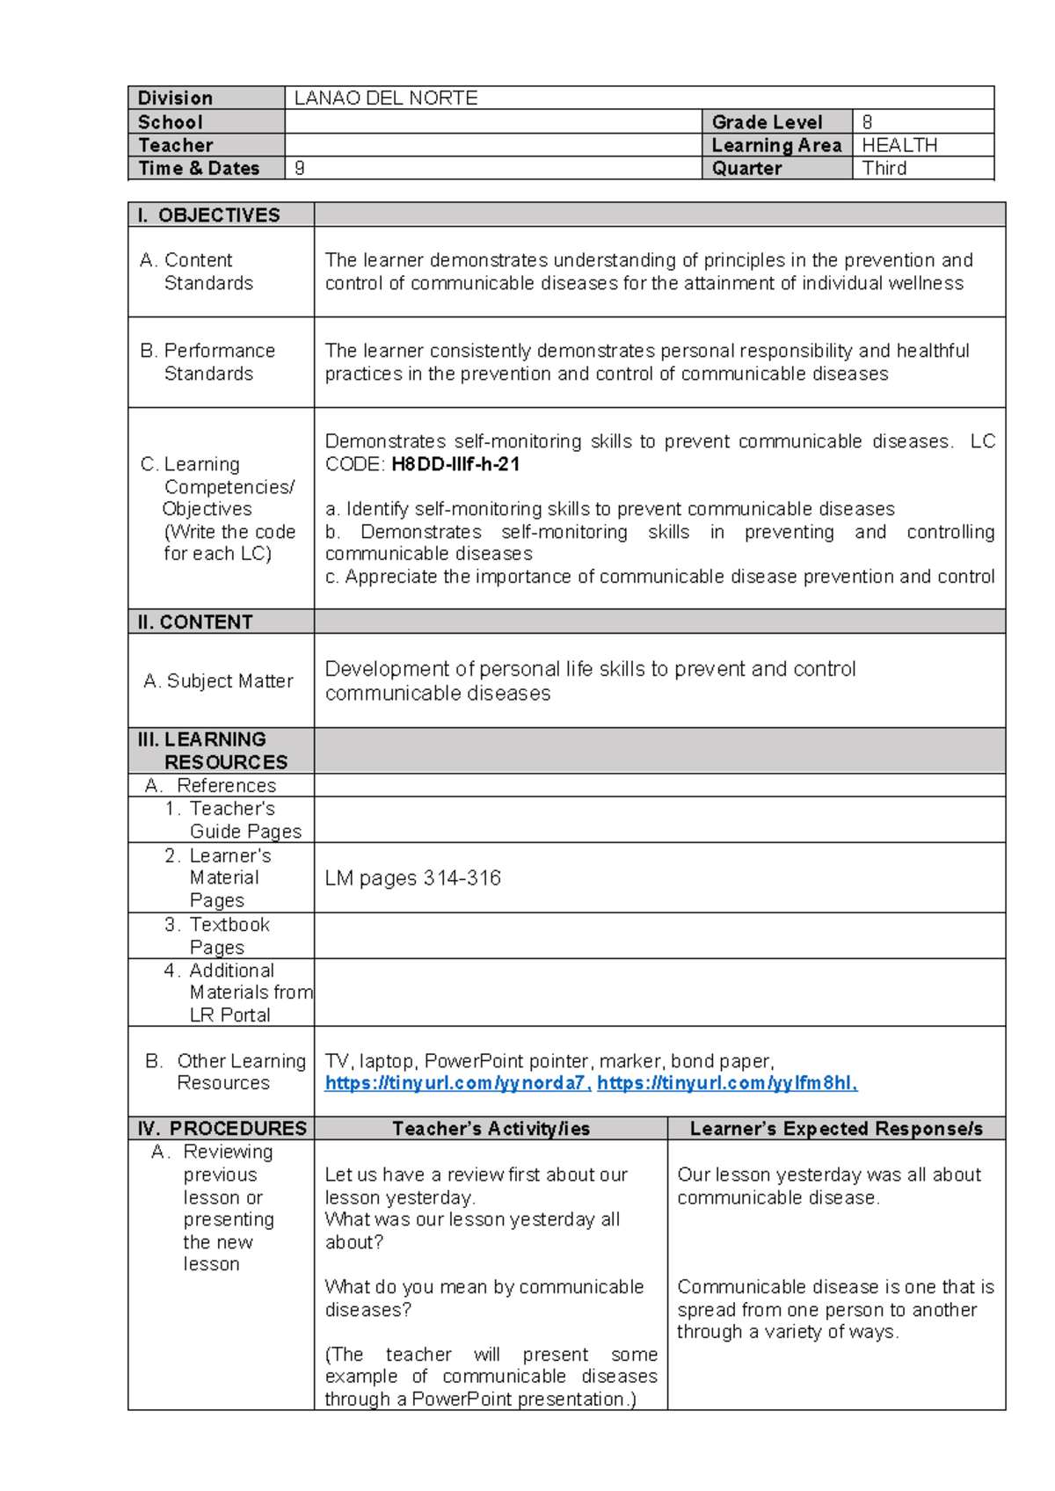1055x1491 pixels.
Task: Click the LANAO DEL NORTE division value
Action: (x=385, y=98)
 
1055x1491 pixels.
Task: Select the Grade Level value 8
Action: (x=867, y=122)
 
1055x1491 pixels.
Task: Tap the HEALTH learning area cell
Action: (x=899, y=145)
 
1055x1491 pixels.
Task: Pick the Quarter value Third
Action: (x=884, y=168)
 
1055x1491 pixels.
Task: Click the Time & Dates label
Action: (x=199, y=168)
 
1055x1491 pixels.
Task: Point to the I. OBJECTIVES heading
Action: (x=208, y=215)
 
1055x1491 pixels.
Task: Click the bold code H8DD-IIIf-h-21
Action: (x=455, y=464)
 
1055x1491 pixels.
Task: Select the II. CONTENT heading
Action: (x=195, y=622)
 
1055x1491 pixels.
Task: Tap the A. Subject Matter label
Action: (x=218, y=680)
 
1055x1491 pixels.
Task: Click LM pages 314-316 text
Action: (x=412, y=877)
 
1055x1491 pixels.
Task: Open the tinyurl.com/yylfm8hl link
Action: (x=726, y=1083)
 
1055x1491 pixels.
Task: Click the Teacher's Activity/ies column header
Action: (x=491, y=1128)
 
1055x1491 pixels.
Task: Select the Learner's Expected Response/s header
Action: (x=836, y=1128)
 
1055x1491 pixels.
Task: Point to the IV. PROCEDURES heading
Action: (x=222, y=1128)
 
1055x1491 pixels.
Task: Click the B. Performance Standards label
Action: (x=207, y=362)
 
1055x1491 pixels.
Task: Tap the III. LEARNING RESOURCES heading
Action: (x=213, y=750)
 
